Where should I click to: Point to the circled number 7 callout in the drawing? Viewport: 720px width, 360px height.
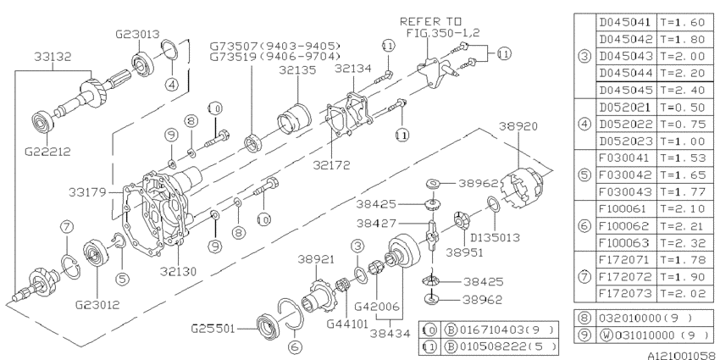(67, 225)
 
